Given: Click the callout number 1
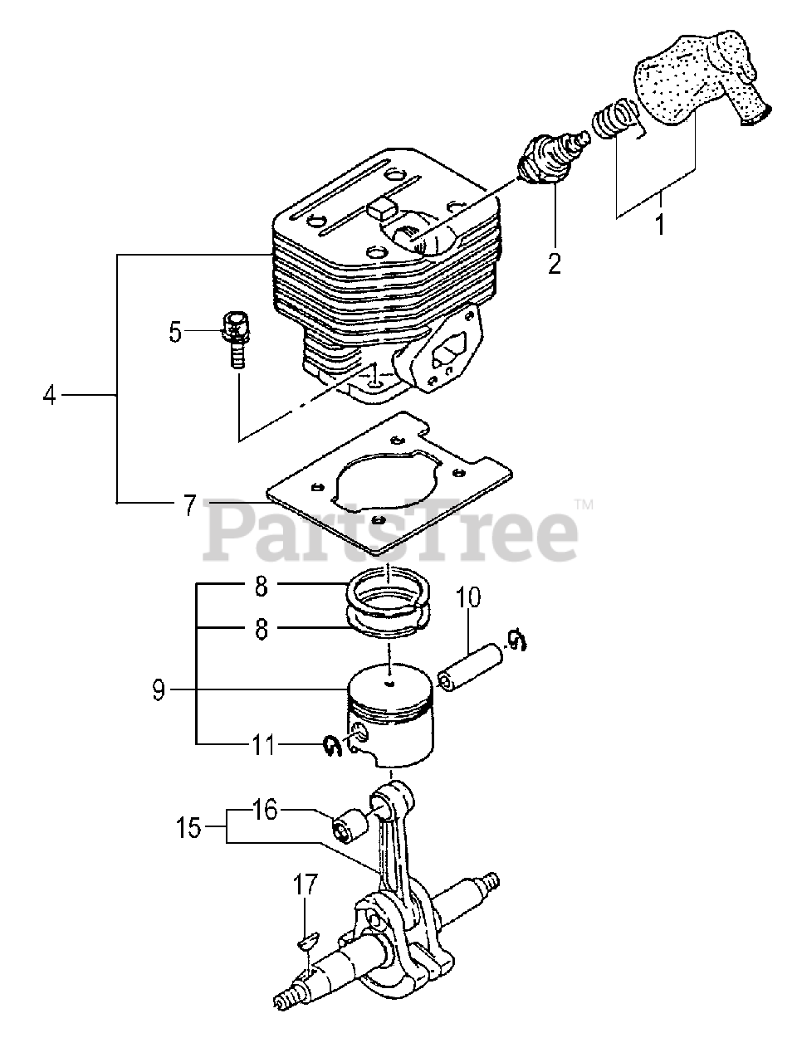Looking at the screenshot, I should pos(661,224).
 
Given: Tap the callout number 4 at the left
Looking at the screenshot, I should pos(50,397).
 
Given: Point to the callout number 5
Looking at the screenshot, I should pos(175,332).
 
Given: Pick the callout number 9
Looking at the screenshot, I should pos(159,689).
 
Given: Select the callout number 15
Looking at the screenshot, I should pos(188,827).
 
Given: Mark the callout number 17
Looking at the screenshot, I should pos(306,885).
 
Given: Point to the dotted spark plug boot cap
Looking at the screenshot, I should pos(702,75).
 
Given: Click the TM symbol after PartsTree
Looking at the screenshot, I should pos(584,504).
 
